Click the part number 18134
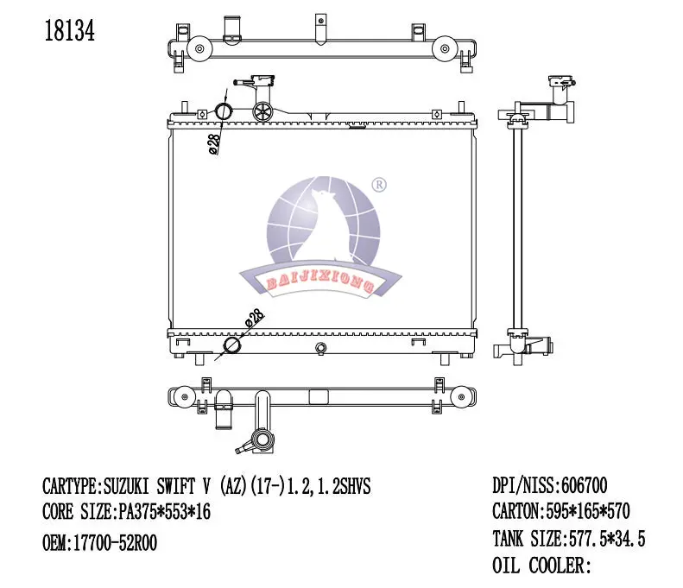tap(68, 31)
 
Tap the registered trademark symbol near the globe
tap(378, 185)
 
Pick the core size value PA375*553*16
tap(163, 513)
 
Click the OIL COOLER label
tap(541, 566)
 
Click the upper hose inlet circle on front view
tap(224, 111)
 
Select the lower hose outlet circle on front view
tap(233, 346)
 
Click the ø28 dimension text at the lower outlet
tap(253, 319)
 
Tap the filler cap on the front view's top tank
tap(262, 110)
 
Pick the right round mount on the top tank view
tap(443, 49)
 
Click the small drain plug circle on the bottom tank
tap(320, 349)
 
